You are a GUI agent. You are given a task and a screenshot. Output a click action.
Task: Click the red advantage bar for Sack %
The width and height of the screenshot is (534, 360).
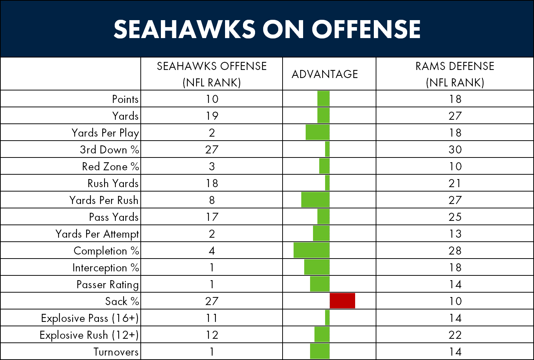(x=342, y=301)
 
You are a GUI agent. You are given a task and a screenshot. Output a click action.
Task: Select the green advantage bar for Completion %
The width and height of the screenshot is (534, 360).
(x=312, y=250)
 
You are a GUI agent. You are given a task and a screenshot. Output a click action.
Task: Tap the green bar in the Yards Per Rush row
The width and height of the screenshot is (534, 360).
(x=316, y=200)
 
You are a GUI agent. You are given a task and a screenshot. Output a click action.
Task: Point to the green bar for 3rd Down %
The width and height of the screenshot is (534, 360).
(x=327, y=149)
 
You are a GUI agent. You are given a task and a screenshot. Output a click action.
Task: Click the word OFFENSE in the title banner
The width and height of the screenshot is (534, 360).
(x=366, y=29)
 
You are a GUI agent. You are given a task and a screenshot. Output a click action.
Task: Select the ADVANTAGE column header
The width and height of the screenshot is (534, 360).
(x=325, y=74)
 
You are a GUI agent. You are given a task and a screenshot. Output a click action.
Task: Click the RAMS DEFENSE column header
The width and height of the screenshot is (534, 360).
(x=455, y=74)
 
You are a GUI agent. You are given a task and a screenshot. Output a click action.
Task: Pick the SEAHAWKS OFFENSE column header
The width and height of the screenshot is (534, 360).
(x=212, y=74)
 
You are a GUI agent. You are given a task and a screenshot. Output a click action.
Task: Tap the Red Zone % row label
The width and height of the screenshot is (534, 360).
(x=111, y=166)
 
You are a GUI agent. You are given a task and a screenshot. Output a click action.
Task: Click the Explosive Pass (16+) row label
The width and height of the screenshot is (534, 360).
(x=90, y=318)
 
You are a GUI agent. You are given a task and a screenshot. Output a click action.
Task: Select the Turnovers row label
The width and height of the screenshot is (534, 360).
(x=116, y=352)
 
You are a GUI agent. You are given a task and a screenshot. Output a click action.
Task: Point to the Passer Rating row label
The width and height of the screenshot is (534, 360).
(x=108, y=285)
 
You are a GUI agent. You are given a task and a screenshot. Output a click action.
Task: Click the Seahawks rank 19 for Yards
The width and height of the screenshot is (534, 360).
(x=212, y=116)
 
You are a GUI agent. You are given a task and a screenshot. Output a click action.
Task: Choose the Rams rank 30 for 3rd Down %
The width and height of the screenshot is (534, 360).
(x=455, y=149)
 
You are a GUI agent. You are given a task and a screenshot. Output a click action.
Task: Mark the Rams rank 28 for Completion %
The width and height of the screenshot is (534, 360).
(x=455, y=250)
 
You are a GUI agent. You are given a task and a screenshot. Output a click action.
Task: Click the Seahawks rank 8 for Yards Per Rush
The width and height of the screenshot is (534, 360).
(x=212, y=200)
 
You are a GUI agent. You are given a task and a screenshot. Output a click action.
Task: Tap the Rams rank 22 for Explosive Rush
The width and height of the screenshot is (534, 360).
(x=455, y=335)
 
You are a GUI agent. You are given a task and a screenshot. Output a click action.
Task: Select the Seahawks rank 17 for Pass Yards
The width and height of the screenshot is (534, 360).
(x=212, y=217)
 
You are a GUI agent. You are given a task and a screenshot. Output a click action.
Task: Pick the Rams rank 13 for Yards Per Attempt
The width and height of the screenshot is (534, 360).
(x=455, y=234)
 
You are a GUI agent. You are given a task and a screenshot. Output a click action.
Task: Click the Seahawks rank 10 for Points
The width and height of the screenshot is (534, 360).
(x=212, y=99)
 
